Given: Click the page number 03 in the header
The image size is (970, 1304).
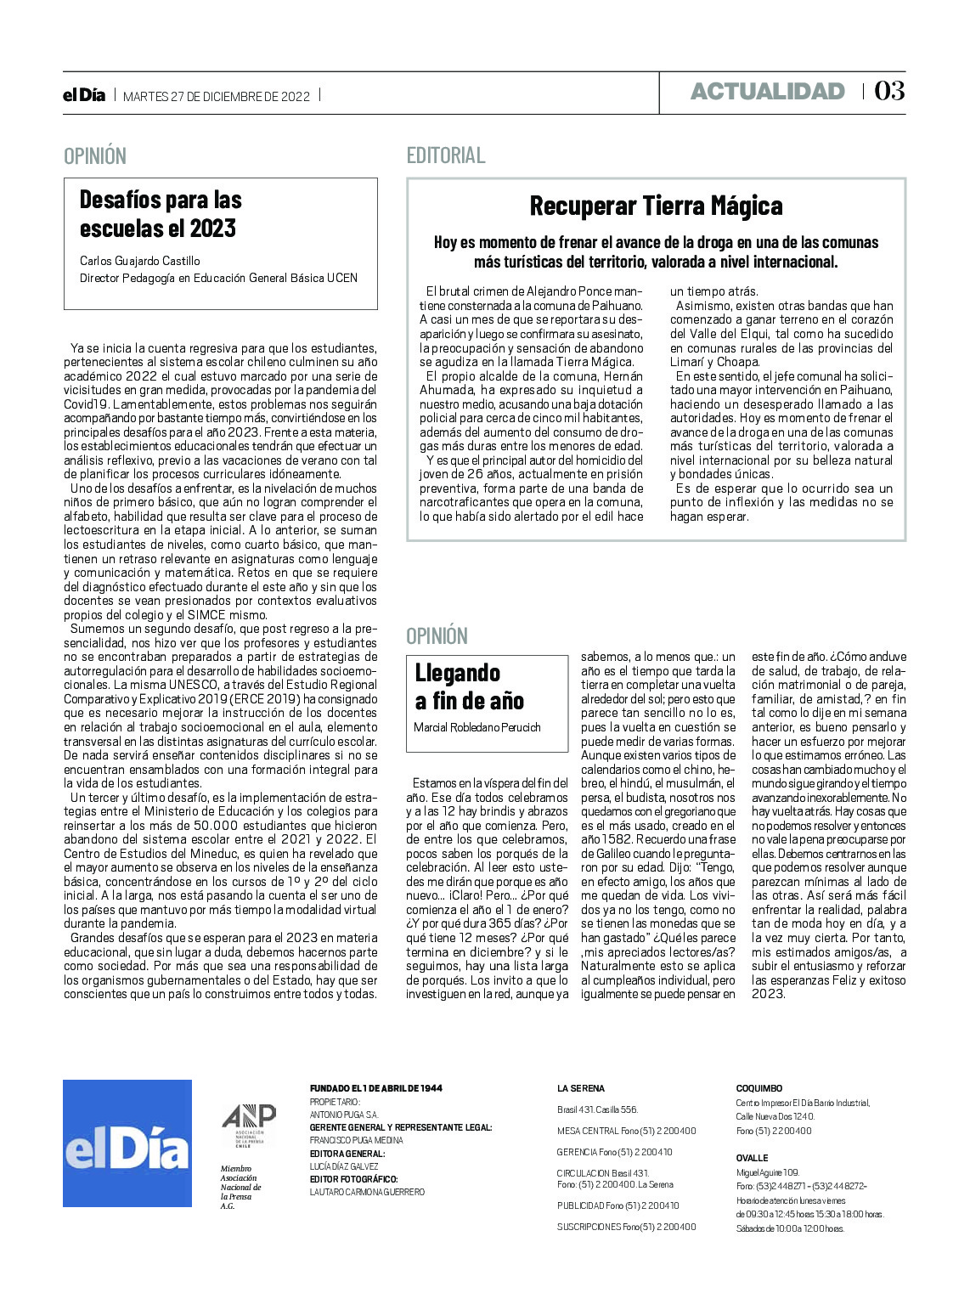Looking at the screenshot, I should [889, 91].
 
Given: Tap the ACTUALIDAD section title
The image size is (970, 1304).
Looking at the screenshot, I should [767, 92].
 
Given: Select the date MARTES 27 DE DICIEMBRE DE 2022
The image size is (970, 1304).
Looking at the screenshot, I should [217, 96].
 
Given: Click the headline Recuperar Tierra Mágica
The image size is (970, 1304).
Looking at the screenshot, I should [656, 206].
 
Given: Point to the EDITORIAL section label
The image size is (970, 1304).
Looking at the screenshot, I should [446, 155].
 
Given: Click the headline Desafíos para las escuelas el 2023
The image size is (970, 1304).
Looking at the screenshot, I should [161, 213].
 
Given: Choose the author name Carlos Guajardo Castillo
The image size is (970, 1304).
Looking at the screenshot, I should [140, 261].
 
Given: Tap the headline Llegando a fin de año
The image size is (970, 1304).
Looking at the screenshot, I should [469, 686].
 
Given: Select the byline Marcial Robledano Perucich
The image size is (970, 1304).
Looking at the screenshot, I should [477, 727].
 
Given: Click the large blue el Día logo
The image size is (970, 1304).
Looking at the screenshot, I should [127, 1143].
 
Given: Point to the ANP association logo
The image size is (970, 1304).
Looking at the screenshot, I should [248, 1126].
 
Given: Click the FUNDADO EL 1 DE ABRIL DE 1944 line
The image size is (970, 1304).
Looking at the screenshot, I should [375, 1088].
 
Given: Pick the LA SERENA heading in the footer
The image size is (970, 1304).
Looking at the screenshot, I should [581, 1088].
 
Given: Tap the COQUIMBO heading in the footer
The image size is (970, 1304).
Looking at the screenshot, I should [759, 1088].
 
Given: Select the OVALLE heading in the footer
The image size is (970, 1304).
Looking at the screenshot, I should [752, 1158].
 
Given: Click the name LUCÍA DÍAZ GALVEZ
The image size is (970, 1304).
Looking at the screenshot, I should [344, 1166].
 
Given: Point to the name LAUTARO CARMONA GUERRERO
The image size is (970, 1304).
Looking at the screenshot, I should [367, 1192].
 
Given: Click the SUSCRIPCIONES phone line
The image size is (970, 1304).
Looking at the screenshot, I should [626, 1227].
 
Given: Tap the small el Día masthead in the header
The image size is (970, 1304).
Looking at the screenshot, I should [84, 95].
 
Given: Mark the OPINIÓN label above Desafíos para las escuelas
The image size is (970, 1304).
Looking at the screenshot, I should [95, 156].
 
